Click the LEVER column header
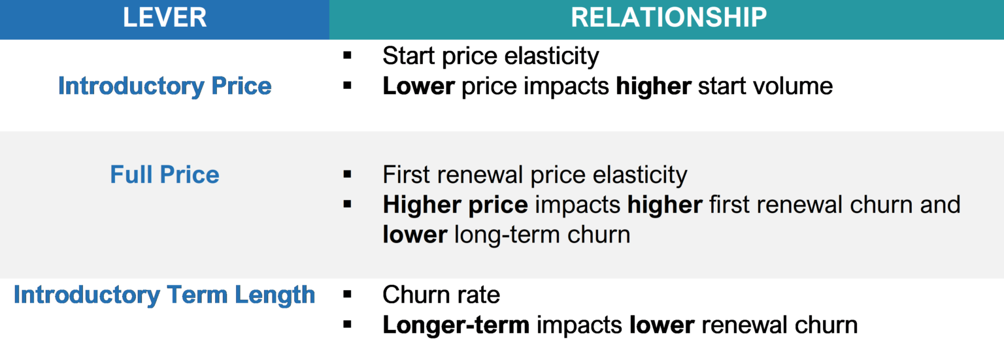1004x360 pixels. (165, 18)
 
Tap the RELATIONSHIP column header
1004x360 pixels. (669, 18)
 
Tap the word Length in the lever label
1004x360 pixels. (275, 295)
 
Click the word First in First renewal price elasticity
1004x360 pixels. (406, 175)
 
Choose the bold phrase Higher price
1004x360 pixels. (455, 205)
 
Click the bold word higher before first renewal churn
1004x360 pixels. (665, 205)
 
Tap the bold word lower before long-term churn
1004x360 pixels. (414, 235)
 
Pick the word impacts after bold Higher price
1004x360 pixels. (577, 205)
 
